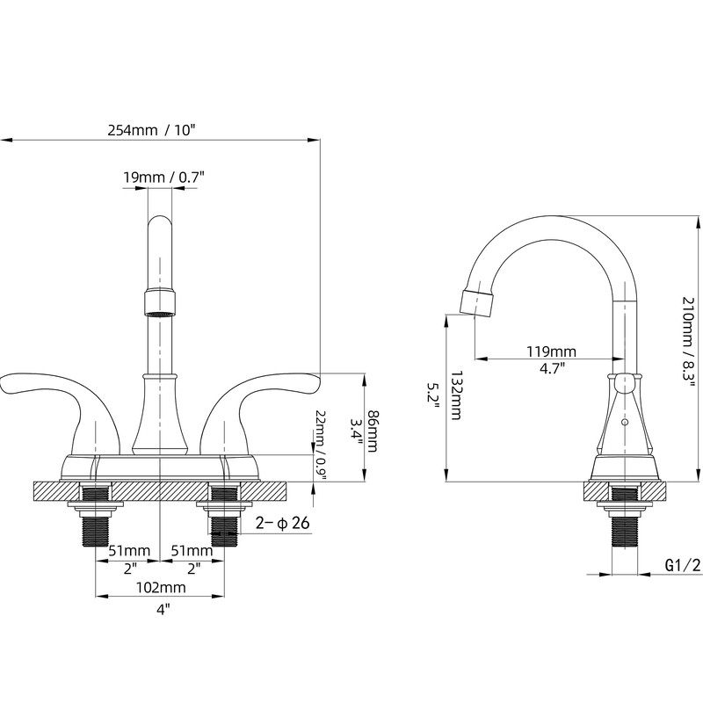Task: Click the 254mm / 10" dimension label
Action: (x=151, y=130)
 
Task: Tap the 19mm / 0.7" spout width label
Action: (x=163, y=178)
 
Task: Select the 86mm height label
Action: (x=372, y=424)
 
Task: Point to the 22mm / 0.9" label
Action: (x=321, y=441)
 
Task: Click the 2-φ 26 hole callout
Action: (x=282, y=523)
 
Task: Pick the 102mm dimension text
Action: (x=161, y=587)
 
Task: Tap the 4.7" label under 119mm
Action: (x=552, y=368)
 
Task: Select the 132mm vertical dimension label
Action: (x=456, y=395)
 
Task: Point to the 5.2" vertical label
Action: (x=433, y=393)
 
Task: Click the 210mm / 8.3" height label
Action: (x=688, y=341)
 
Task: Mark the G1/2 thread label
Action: (x=682, y=565)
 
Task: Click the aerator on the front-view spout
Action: (x=160, y=303)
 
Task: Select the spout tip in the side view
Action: (x=477, y=302)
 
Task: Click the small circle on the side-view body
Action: (x=624, y=422)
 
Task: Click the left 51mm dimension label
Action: (x=130, y=550)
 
